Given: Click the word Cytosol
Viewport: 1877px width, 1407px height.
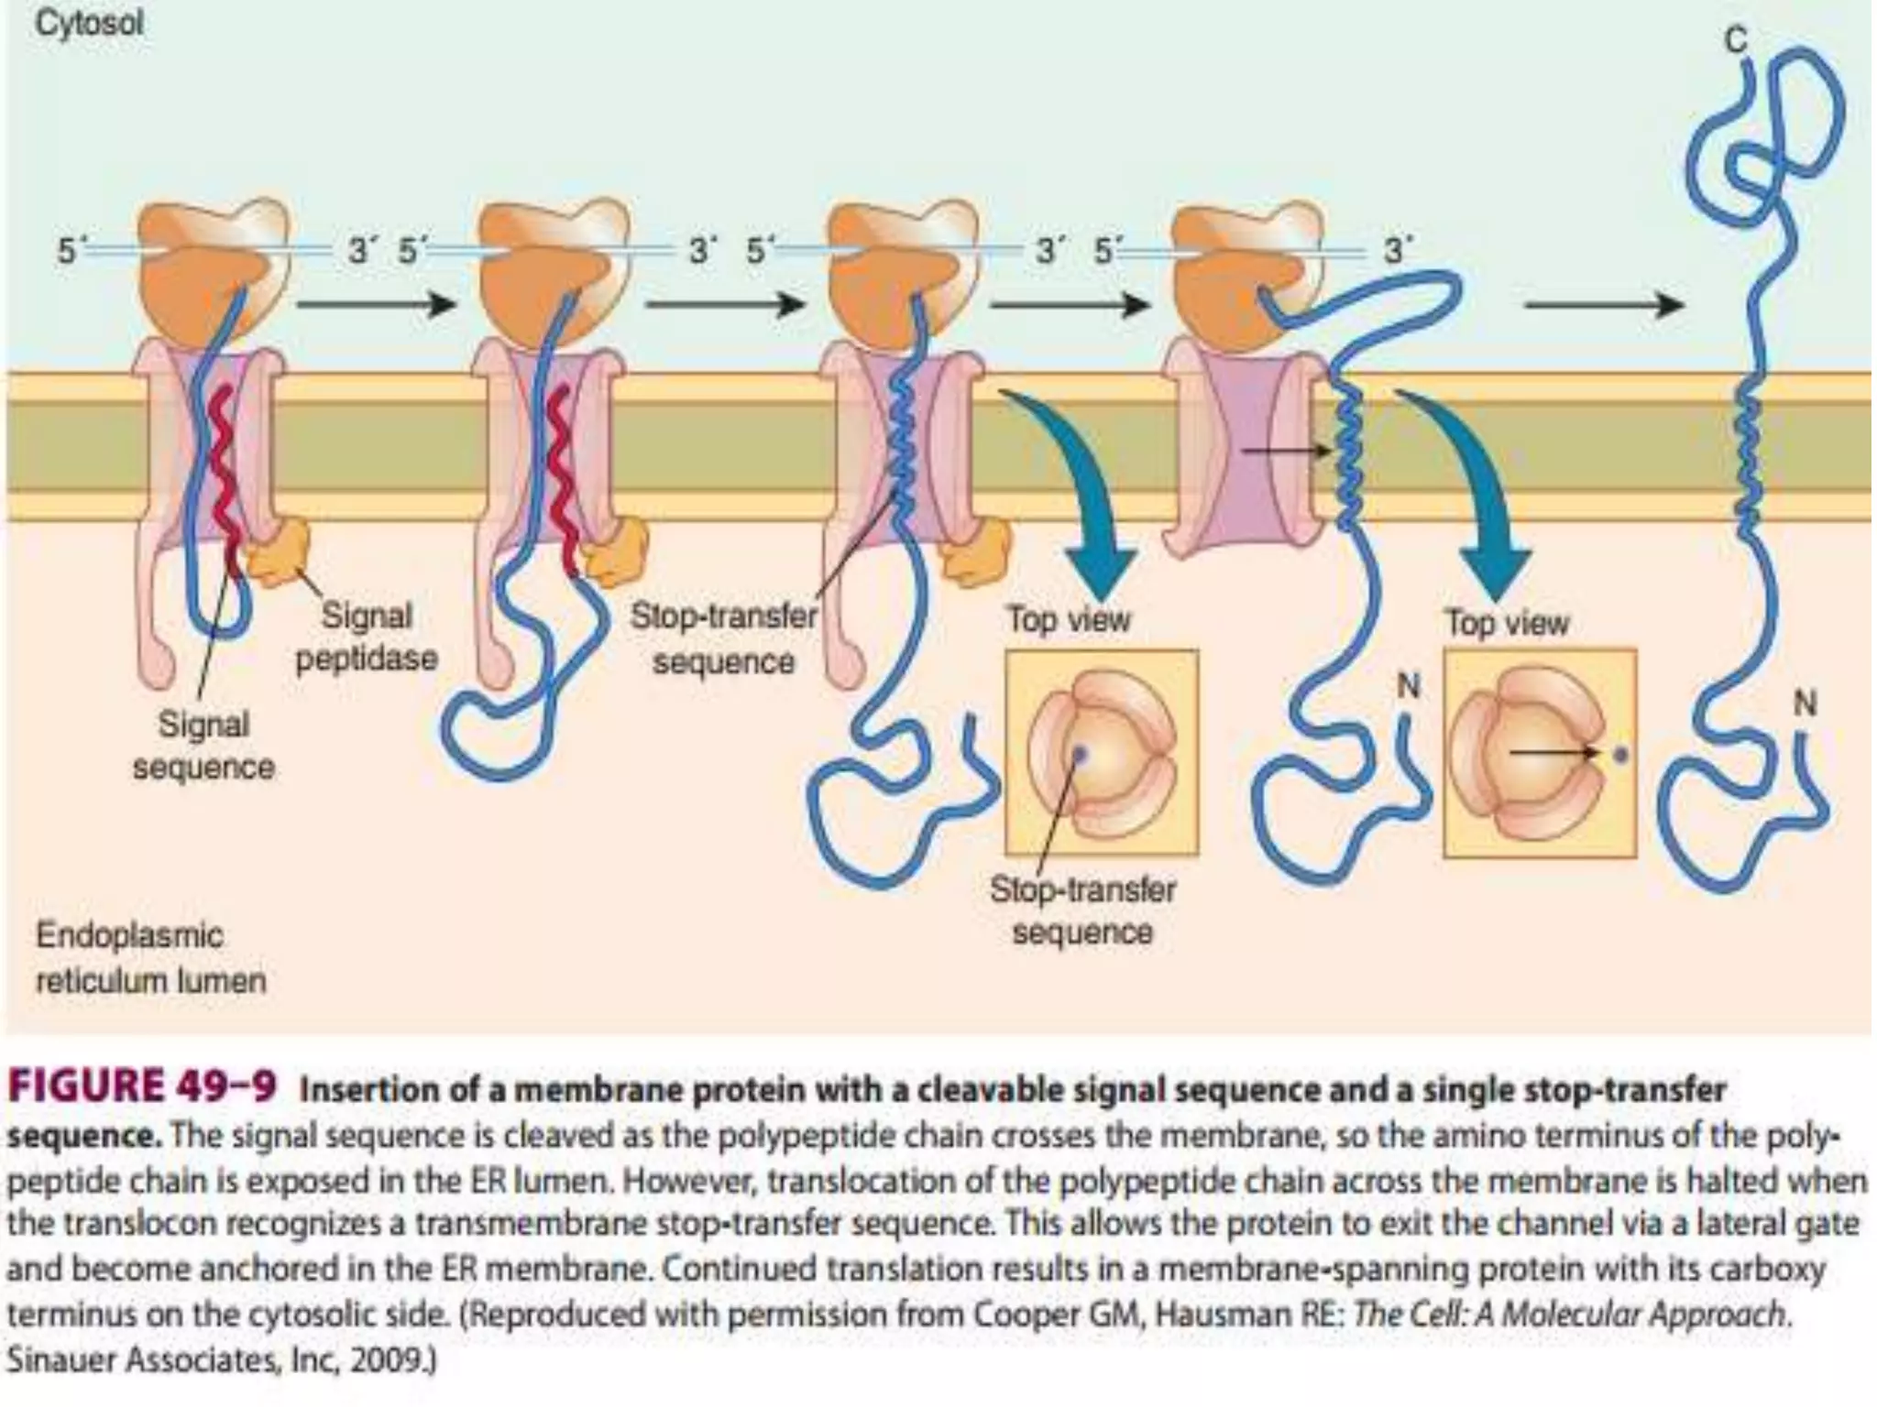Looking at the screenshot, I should pyautogui.click(x=89, y=24).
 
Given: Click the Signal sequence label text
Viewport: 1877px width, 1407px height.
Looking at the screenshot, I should pyautogui.click(x=203, y=746).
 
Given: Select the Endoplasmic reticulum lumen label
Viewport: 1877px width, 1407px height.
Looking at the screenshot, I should pyautogui.click(x=150, y=958).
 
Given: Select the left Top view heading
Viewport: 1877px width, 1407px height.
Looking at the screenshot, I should pyautogui.click(x=1069, y=620).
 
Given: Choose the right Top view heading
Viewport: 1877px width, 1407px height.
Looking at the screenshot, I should pyautogui.click(x=1507, y=624).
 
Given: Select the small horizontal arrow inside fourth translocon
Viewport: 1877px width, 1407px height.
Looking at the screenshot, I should pyautogui.click(x=1283, y=451).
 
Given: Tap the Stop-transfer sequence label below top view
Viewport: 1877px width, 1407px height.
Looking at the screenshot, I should pyautogui.click(x=1081, y=911).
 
